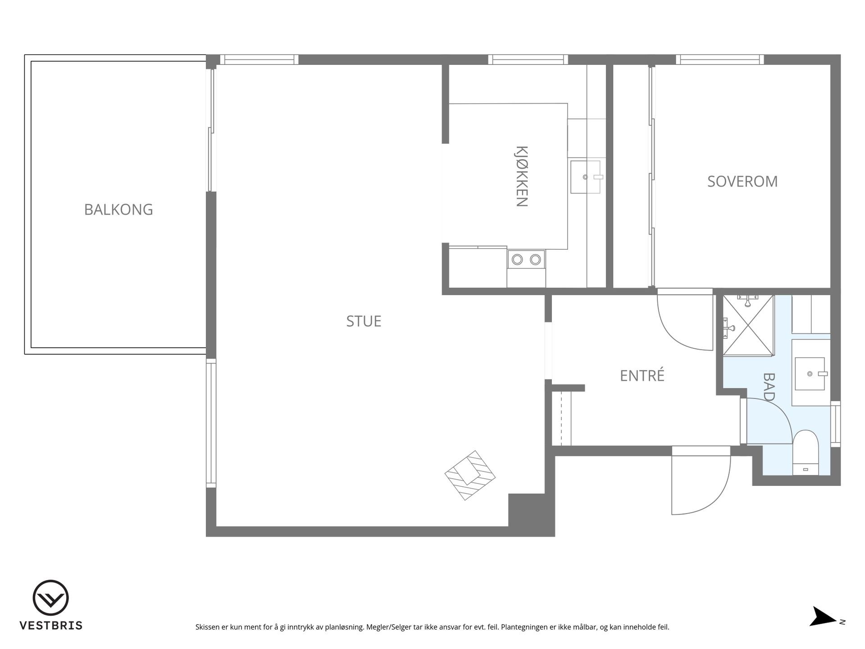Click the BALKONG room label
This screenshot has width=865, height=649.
(x=118, y=210)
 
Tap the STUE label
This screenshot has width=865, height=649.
(x=364, y=321)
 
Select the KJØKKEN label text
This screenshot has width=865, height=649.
(x=521, y=176)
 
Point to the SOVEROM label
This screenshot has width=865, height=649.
(x=742, y=181)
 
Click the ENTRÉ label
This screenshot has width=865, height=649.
(x=642, y=375)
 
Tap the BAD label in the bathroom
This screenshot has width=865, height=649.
(x=769, y=387)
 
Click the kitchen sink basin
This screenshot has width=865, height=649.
(x=586, y=177)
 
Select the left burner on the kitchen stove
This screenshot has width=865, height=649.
(x=517, y=260)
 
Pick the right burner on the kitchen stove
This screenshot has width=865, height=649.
(x=535, y=260)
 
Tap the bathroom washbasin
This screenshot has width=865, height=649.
(x=810, y=374)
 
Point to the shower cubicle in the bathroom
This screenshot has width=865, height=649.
(x=748, y=325)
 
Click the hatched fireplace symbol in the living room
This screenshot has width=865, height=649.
(x=470, y=475)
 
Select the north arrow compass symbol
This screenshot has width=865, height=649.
(x=824, y=617)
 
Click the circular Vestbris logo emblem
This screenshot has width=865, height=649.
(x=50, y=598)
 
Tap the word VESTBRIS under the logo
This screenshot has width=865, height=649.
(x=51, y=626)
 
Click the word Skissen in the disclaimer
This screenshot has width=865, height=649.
(x=208, y=627)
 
